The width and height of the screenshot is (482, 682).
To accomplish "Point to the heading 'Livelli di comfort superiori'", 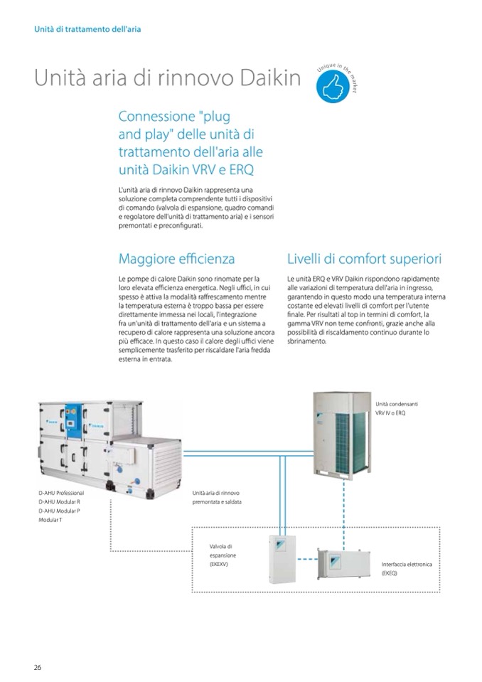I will pyautogui.click(x=365, y=258).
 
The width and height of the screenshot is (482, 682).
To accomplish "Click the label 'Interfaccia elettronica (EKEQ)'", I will pyautogui.click(x=406, y=568).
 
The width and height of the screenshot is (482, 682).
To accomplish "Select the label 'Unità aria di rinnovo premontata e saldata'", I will pyautogui.click(x=217, y=497).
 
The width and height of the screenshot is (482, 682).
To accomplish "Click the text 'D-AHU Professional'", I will pyautogui.click(x=61, y=493).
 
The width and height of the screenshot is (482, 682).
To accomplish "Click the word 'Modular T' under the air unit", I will pyautogui.click(x=51, y=521).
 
